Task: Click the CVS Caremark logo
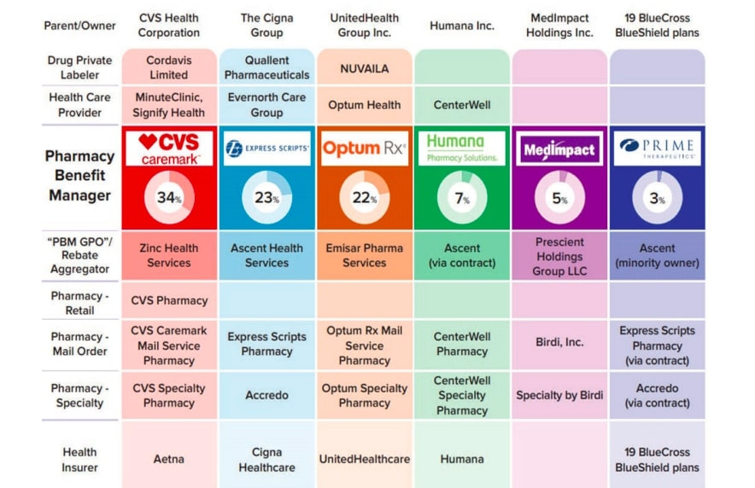169,148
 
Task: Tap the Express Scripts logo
266,148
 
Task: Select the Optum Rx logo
365,148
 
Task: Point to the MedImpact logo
559,148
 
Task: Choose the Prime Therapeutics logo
657,148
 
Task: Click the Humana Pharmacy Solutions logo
462,148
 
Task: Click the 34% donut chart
169,198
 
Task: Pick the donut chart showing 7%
462,198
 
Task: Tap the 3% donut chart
657,198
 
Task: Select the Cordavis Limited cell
169,67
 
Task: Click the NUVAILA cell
365,68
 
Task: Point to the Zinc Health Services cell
169,255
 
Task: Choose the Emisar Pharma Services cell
365,255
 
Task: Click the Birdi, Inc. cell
559,342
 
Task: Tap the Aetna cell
169,459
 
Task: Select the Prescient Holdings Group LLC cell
559,256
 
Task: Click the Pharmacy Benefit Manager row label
79,176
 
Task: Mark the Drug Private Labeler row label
79,67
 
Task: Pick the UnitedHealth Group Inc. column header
365,26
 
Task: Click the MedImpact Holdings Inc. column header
559,26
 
